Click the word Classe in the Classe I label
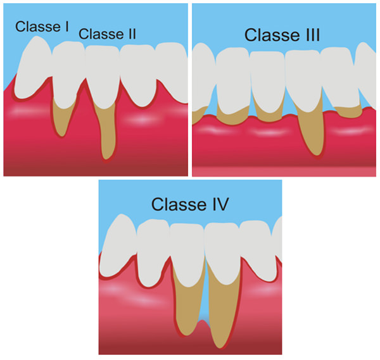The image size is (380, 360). [x=37, y=27]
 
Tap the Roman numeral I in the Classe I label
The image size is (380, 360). [x=66, y=27]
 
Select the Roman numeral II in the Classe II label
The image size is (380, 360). [x=132, y=34]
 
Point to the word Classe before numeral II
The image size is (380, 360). [x=101, y=34]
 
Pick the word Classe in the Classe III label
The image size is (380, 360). [x=272, y=35]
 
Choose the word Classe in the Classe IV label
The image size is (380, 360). [x=179, y=204]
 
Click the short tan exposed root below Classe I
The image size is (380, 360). [x=63, y=116]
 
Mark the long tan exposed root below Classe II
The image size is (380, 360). [x=106, y=131]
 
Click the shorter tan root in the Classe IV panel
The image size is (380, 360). [x=188, y=305]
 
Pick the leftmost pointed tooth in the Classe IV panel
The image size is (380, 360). [x=119, y=247]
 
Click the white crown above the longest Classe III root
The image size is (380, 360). [x=304, y=80]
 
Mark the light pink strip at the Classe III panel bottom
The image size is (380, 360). [x=284, y=171]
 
